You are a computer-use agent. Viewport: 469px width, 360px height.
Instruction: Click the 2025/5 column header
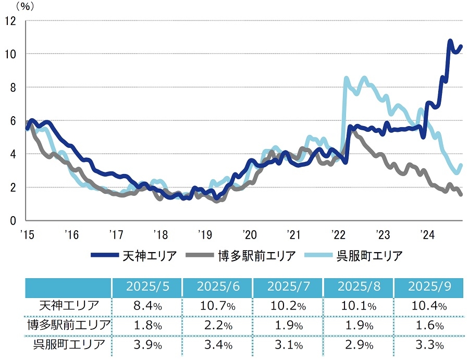tap(146, 287)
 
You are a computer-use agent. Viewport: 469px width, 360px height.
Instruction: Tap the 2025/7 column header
tap(288, 287)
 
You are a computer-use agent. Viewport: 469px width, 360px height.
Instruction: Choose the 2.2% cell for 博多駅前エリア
tap(217, 326)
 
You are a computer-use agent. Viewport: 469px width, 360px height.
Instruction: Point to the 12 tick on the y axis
tap(10, 21)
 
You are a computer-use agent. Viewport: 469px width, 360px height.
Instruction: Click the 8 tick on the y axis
tap(13, 88)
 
